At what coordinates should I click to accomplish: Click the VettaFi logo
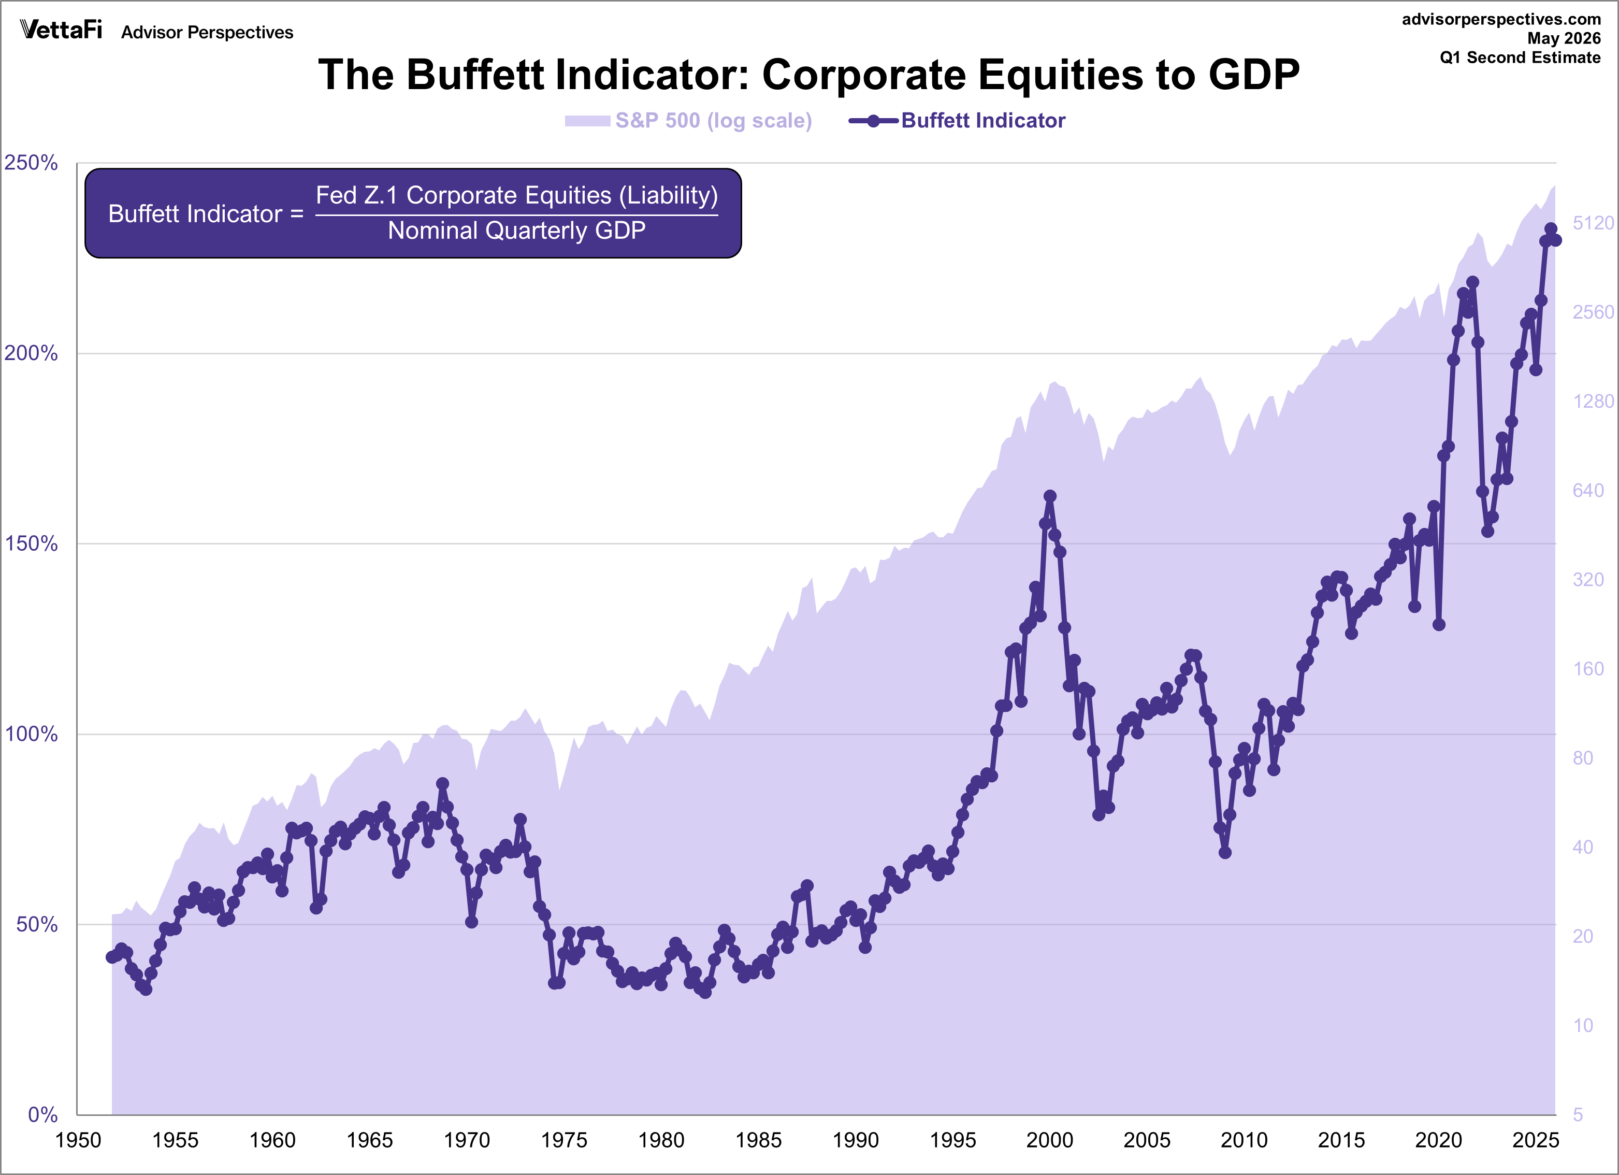pyautogui.click(x=62, y=30)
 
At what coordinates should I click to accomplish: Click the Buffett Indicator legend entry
pyautogui.click(x=957, y=120)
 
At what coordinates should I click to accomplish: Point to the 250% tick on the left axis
pyautogui.click(x=31, y=163)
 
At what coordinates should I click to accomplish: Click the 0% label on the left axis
pyautogui.click(x=43, y=1114)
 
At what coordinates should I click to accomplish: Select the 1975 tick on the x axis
pyautogui.click(x=564, y=1140)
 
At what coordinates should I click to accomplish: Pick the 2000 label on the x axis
pyautogui.click(x=1049, y=1140)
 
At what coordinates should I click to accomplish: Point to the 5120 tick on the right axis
pyautogui.click(x=1593, y=223)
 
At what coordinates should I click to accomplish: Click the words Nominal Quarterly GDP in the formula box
pyautogui.click(x=516, y=231)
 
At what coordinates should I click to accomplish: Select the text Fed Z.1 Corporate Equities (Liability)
pyautogui.click(x=517, y=195)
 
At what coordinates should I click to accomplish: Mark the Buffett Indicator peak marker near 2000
pyautogui.click(x=1049, y=496)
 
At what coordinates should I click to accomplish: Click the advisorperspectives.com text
pyautogui.click(x=1501, y=19)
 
